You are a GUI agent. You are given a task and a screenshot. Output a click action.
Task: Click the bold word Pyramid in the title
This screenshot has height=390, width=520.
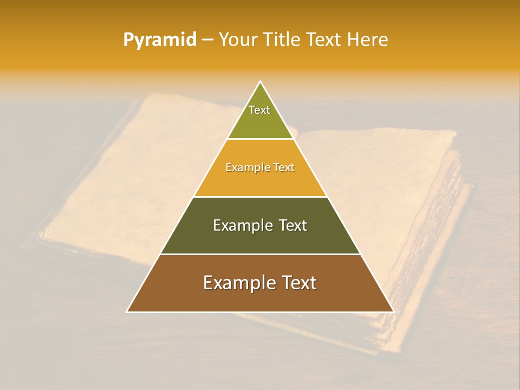(159, 40)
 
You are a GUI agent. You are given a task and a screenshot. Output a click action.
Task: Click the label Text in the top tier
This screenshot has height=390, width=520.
(259, 110)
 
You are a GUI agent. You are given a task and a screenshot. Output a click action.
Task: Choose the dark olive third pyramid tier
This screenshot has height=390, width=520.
(260, 238)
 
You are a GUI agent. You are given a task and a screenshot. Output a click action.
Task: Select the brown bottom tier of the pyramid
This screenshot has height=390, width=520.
(260, 298)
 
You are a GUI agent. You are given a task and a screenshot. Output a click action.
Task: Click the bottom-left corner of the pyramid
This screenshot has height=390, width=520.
(127, 311)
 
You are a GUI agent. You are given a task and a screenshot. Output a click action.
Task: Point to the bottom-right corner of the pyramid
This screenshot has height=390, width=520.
(393, 311)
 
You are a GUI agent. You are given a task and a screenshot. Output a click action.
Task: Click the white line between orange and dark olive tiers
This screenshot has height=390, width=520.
(260, 197)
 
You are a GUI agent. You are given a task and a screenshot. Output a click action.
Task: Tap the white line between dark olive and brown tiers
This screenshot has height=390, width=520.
(260, 254)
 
